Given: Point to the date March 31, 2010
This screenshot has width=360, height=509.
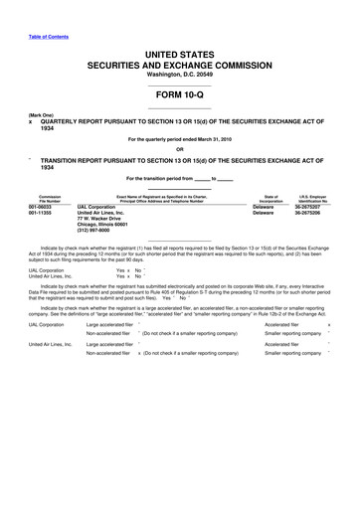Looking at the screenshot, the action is point(205,140).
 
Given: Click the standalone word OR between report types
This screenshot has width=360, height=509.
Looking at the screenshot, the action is point(179,150).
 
